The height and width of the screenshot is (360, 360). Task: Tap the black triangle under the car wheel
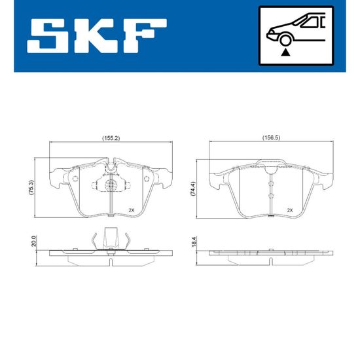pos(285,52)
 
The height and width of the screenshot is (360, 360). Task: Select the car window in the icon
pos(309,22)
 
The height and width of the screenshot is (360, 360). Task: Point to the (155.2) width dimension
pos(111,138)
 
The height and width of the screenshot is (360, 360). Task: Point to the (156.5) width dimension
pos(272,137)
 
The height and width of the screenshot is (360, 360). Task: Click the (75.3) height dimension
pos(31,188)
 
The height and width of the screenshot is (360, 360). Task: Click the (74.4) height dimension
pos(193,189)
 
